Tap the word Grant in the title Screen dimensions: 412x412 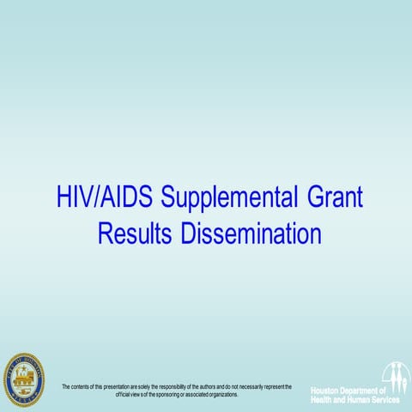click(333, 197)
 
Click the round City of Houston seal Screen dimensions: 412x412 click(23, 378)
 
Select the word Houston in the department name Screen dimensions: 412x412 click(328, 391)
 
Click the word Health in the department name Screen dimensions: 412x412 click(324, 400)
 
